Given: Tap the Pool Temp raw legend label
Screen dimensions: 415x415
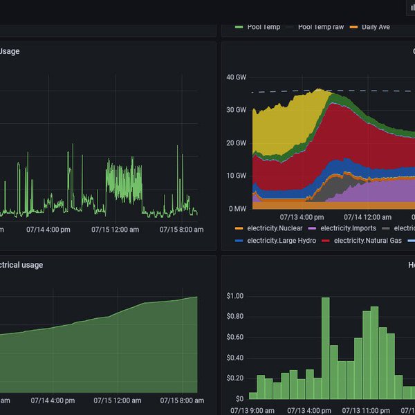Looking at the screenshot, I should click(320, 26).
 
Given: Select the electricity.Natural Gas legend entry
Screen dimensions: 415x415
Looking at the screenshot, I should click(367, 241).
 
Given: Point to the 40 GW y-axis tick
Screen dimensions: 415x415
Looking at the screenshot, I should click(236, 77).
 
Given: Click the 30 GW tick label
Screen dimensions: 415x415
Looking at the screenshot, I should click(236, 110).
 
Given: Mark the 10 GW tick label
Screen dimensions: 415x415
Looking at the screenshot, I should click(236, 176).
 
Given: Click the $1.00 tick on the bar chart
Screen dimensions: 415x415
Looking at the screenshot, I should click(234, 296).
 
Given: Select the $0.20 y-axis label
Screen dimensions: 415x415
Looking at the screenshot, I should click(234, 378).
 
